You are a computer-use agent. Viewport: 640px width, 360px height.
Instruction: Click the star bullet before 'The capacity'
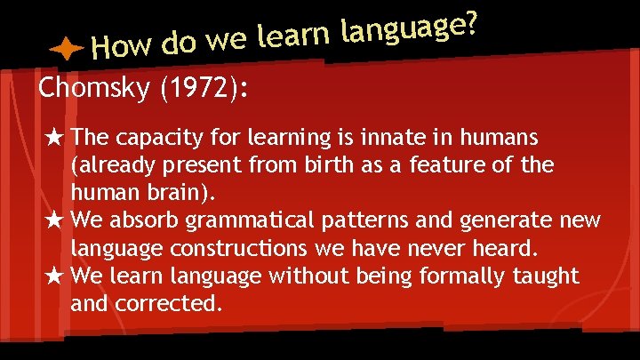coord(54,138)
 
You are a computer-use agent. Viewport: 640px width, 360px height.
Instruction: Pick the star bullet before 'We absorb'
coord(54,220)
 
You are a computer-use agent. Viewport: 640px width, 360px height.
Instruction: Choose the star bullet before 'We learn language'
coord(54,276)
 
